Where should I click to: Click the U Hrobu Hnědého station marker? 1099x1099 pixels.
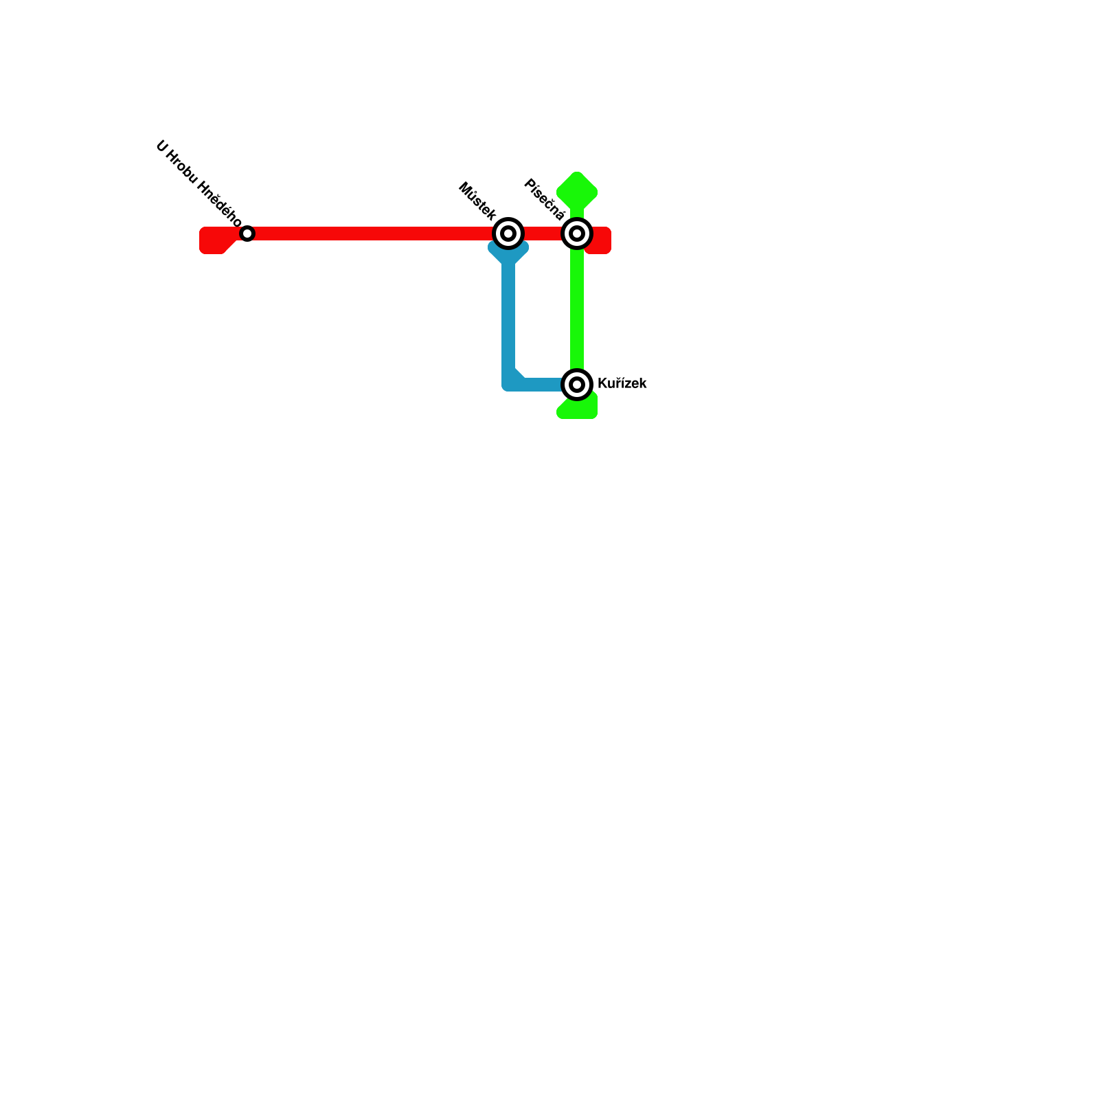click(x=247, y=234)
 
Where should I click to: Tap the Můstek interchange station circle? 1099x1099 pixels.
click(x=508, y=234)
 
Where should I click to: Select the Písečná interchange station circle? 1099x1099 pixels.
click(x=577, y=234)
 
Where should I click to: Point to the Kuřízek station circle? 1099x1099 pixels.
click(x=577, y=384)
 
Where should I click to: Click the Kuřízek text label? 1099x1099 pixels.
click(x=622, y=384)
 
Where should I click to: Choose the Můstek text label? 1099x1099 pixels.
click(x=477, y=201)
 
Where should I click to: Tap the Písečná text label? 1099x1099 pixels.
click(x=545, y=199)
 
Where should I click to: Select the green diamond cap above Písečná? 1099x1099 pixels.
click(x=577, y=192)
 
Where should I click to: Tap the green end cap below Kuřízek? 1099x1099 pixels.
click(x=577, y=408)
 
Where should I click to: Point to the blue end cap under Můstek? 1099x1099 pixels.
click(x=508, y=252)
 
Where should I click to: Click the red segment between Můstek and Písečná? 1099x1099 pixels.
click(x=543, y=234)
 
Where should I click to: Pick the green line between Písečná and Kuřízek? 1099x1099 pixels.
click(x=577, y=309)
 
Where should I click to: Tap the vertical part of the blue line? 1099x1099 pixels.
click(x=508, y=316)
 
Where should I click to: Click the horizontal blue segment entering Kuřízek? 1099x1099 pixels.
click(x=543, y=384)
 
